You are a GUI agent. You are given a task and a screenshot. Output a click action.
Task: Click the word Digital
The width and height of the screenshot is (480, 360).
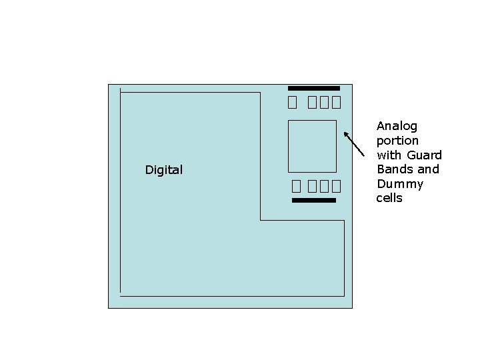163,170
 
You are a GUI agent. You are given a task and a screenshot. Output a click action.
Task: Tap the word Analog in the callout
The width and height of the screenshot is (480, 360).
397,127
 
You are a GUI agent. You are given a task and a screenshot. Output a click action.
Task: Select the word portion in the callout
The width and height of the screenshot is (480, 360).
397,141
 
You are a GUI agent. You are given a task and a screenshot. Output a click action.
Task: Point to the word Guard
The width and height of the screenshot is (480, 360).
427,155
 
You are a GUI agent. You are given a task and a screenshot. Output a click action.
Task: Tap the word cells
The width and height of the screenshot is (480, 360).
389,198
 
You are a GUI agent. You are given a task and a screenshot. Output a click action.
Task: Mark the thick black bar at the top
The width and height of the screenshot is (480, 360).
314,88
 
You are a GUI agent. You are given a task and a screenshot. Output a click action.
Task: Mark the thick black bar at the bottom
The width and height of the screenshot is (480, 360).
314,200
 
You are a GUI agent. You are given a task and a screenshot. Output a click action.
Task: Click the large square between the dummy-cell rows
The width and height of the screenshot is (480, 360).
312,146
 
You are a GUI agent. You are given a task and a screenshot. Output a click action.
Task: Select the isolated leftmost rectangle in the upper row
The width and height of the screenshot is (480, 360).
292,103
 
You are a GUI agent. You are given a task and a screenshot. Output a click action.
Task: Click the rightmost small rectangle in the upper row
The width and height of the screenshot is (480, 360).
337,103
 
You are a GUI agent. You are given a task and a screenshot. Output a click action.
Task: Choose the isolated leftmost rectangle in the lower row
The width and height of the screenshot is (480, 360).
295,186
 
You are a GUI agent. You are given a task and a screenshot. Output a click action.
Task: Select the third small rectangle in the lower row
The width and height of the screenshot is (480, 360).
325,186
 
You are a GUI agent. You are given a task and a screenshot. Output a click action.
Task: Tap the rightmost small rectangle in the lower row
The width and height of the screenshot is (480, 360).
337,186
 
